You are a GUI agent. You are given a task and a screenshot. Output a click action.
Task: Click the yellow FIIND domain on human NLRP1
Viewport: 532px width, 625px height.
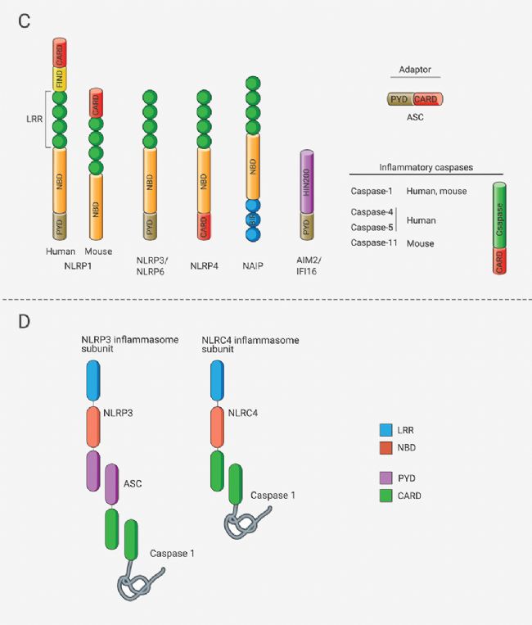tap(60, 79)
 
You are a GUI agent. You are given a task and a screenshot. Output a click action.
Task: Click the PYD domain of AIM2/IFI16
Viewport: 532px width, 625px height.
tap(308, 227)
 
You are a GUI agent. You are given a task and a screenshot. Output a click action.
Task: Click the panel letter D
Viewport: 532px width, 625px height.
tap(24, 319)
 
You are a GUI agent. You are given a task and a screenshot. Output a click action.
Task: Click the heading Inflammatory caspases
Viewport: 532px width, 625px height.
tap(426, 168)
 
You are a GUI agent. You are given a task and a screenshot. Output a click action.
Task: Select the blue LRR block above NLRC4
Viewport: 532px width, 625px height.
tap(218, 379)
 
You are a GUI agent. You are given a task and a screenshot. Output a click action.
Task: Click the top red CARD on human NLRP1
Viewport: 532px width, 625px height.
tap(60, 52)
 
